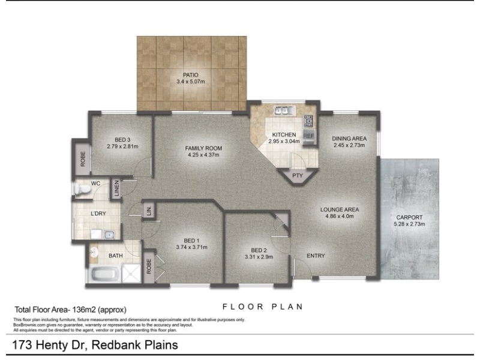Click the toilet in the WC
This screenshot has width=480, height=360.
click(x=82, y=189)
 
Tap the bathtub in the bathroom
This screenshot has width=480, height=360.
click(x=106, y=274)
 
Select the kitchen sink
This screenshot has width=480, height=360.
click(x=284, y=110)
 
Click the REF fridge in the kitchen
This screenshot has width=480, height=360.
click(x=309, y=137)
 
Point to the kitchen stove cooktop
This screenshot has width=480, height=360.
click(x=308, y=121)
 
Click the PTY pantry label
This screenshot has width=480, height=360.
click(x=297, y=175)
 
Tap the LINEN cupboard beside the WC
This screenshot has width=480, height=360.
click(x=116, y=188)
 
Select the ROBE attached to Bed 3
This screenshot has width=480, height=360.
click(x=83, y=159)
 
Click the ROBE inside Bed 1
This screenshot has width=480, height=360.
click(x=149, y=266)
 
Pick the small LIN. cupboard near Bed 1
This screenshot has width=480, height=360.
click(x=149, y=211)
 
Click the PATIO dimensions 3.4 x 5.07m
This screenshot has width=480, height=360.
click(x=190, y=82)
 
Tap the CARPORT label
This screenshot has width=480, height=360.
click(x=409, y=217)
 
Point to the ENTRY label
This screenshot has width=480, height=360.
click(x=316, y=256)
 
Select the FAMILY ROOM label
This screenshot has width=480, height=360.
click(x=203, y=148)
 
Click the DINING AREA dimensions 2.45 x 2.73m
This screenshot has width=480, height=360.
click(x=349, y=145)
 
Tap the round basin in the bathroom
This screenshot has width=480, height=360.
click(x=94, y=253)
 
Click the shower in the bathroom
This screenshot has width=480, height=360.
click(x=131, y=274)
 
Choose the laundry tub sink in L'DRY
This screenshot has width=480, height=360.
click(x=109, y=235)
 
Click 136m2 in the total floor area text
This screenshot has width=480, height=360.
click(x=84, y=310)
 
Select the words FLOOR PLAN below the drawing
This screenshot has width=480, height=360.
click(x=263, y=307)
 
